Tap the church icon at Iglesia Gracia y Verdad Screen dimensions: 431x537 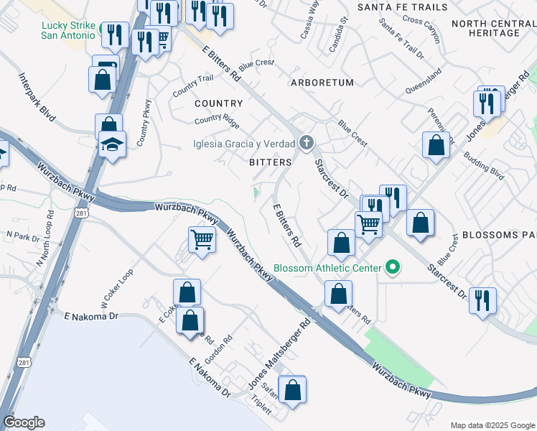pos(307,142)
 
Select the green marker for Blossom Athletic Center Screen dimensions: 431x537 pos(393,269)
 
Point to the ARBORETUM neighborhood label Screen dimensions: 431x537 pos(322,83)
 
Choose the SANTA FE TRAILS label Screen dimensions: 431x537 pos(402,7)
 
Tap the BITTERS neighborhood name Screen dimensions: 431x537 pos(270,162)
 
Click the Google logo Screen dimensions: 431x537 pos(24,422)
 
